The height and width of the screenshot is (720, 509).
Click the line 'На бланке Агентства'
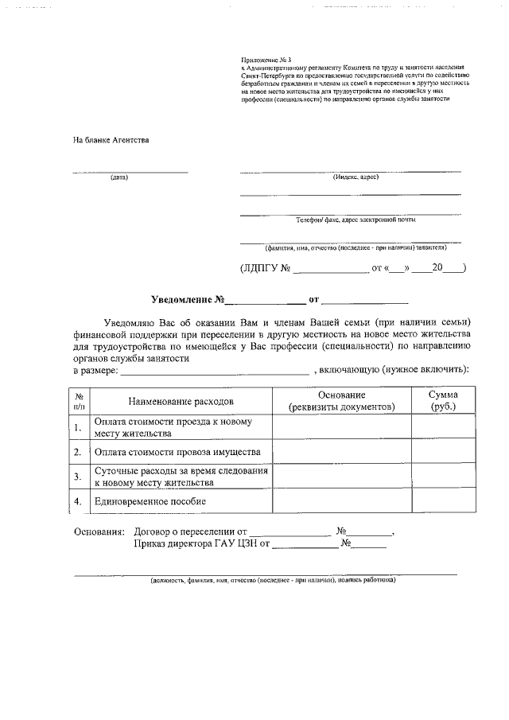pyautogui.click(x=111, y=140)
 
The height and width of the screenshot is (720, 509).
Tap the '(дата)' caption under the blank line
pyautogui.click(x=119, y=177)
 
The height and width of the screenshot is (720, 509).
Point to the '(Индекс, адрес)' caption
pyautogui.click(x=356, y=177)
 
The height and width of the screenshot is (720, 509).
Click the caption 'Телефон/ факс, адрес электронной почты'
pyautogui.click(x=356, y=220)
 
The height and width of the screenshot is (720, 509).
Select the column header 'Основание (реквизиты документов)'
pyautogui.click(x=341, y=401)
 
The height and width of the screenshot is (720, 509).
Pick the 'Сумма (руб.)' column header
pyautogui.click(x=442, y=401)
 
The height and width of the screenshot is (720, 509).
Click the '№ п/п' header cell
pyautogui.click(x=79, y=401)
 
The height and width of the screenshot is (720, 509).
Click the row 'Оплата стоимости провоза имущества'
pyautogui.click(x=177, y=452)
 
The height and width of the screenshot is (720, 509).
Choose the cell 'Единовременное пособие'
pyautogui.click(x=150, y=501)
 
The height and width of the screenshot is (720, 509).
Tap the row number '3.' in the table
pyautogui.click(x=78, y=477)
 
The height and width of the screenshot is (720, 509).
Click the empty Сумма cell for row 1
pyautogui.click(x=442, y=428)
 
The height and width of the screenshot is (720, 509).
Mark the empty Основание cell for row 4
pyautogui.click(x=341, y=501)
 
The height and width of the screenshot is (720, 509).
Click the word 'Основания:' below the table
pyautogui.click(x=99, y=531)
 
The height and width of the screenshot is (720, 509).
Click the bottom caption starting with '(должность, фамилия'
pyautogui.click(x=273, y=580)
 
